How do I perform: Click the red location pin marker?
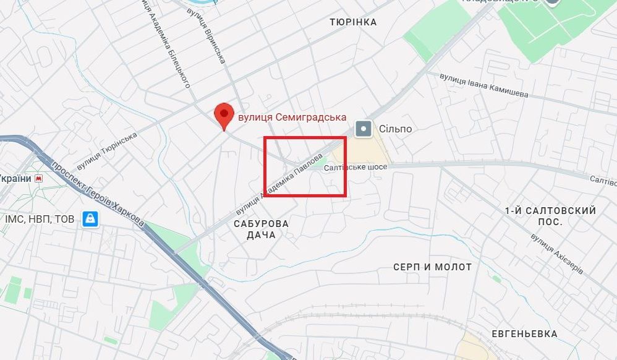click(223, 115)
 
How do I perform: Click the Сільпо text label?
click(395, 129)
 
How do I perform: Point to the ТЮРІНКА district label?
click(353, 22)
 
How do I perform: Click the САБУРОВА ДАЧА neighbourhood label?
click(260, 229)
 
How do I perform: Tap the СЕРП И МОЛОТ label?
click(433, 267)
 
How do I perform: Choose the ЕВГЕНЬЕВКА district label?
click(524, 334)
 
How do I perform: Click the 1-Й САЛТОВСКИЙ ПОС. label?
click(550, 216)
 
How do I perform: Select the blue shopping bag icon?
click(91, 218)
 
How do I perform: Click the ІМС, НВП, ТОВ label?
click(40, 219)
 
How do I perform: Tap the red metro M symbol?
click(40, 178)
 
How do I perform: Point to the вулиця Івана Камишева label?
click(483, 85)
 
